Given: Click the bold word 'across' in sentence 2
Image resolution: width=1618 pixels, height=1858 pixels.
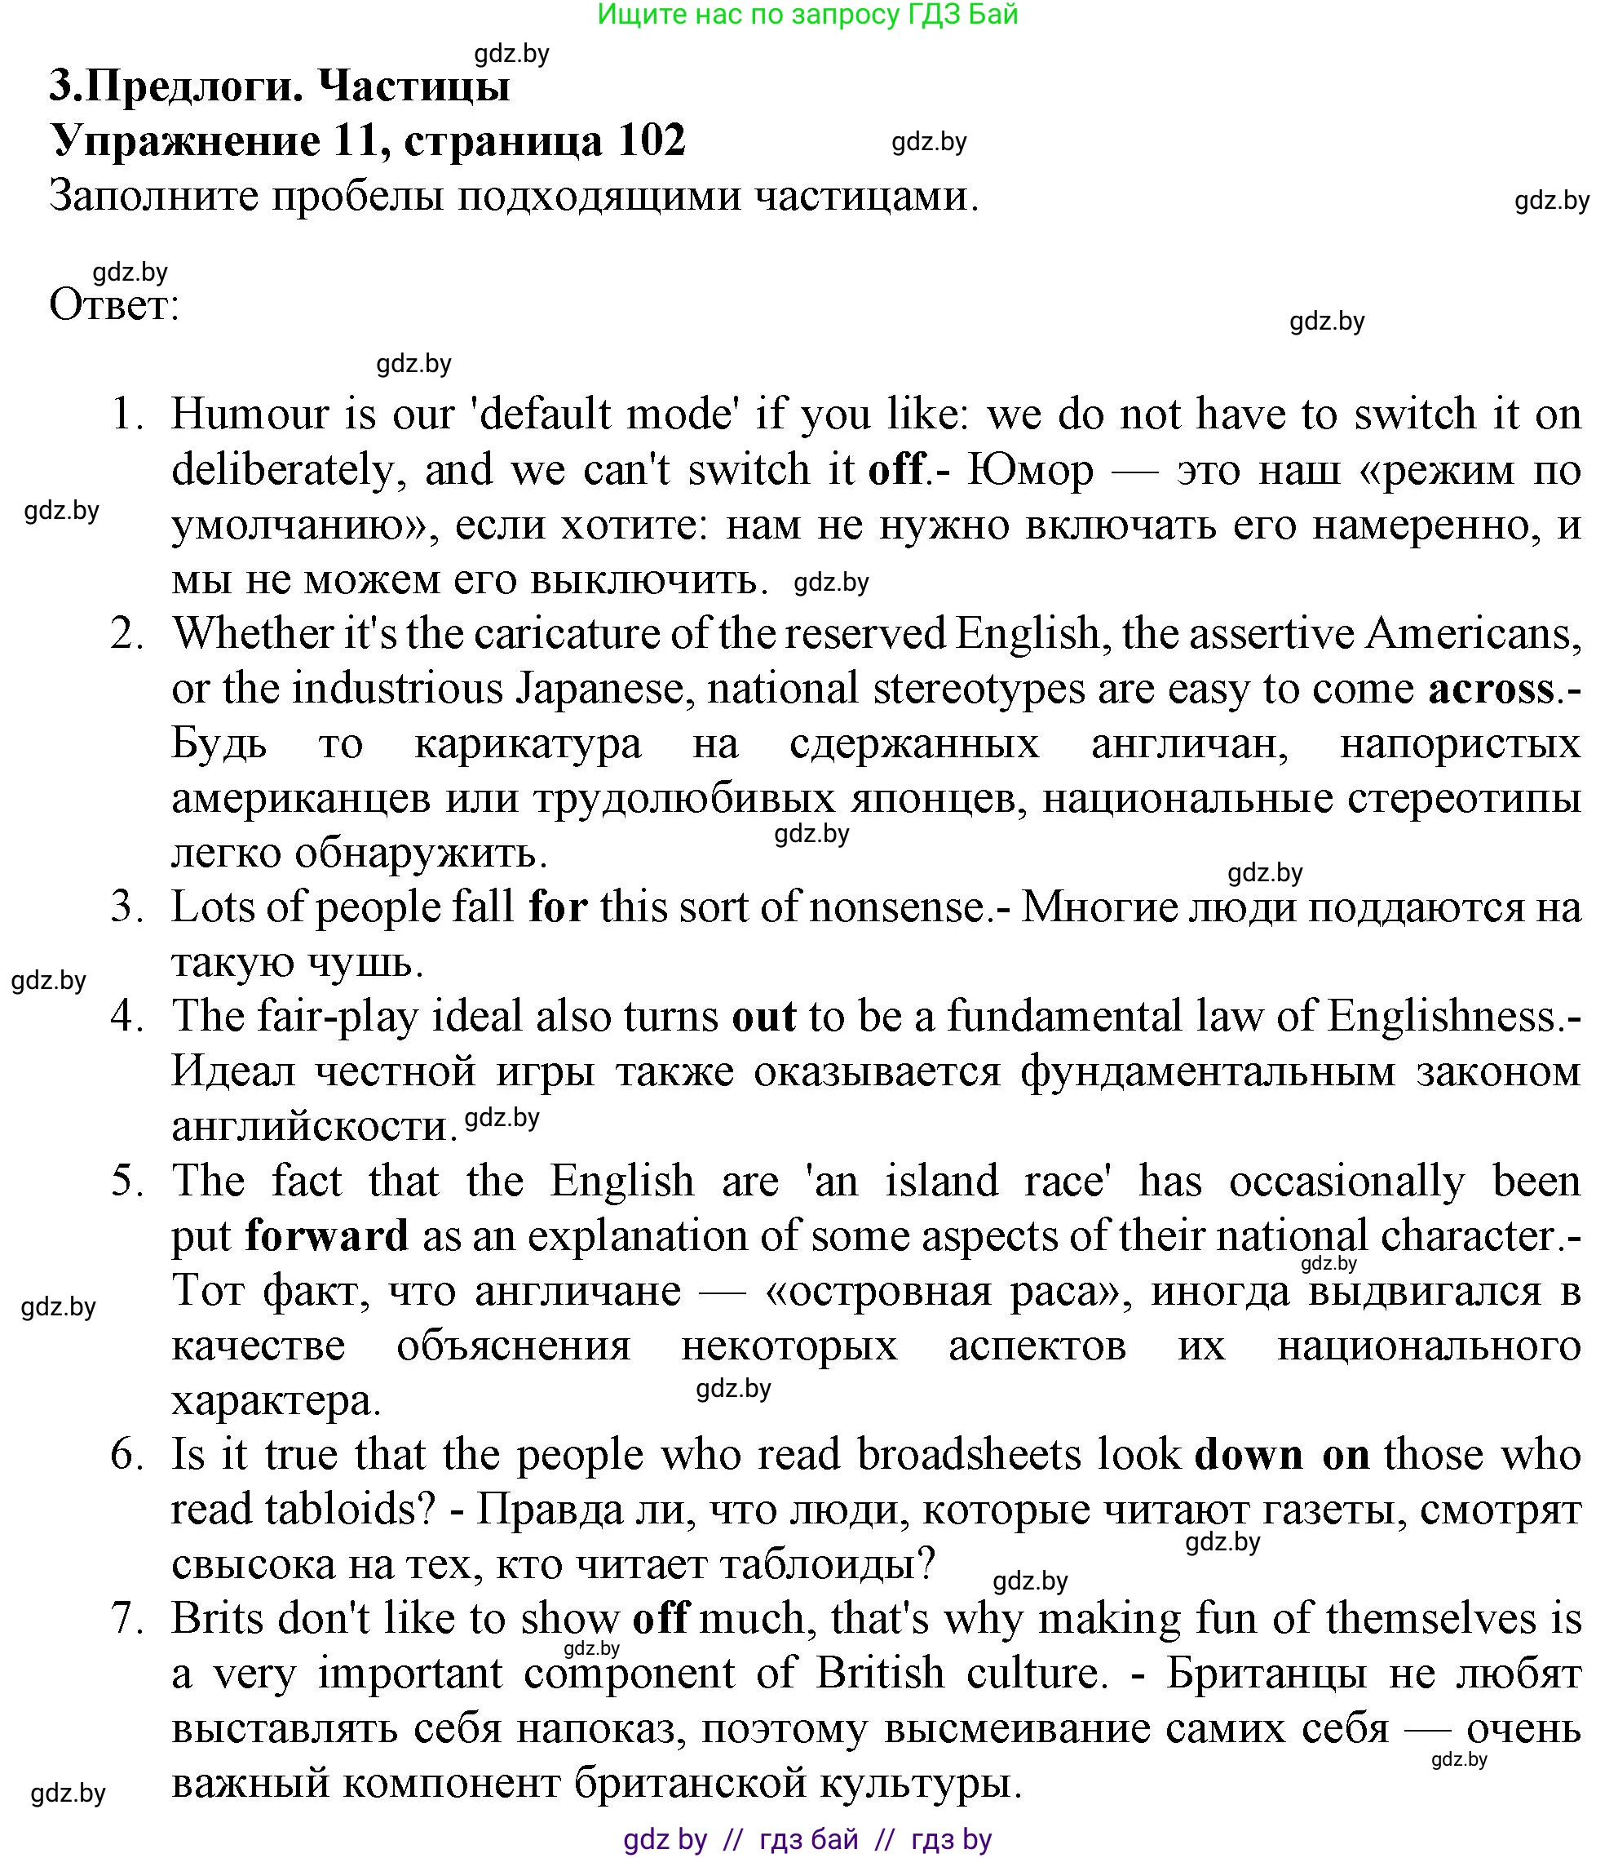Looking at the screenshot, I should click(x=1492, y=690).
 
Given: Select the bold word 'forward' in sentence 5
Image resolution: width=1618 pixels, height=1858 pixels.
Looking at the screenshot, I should click(x=327, y=1236).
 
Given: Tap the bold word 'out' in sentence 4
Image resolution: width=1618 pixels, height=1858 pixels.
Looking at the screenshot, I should click(x=764, y=1017).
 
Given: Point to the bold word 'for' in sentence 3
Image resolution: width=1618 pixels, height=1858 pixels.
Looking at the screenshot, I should click(x=558, y=907).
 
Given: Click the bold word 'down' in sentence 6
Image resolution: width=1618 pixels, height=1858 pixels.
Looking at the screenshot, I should click(x=1249, y=1455).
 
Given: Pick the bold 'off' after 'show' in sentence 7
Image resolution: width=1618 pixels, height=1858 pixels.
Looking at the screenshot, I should click(x=661, y=1619).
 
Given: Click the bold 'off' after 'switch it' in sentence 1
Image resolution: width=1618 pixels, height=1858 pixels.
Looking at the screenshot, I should click(x=896, y=471).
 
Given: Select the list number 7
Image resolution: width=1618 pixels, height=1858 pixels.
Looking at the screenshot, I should click(x=127, y=1619).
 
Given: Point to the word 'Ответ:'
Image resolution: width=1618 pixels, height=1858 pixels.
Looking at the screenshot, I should click(x=115, y=305).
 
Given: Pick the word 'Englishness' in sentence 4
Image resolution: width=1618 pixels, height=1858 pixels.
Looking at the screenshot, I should click(x=1443, y=1017).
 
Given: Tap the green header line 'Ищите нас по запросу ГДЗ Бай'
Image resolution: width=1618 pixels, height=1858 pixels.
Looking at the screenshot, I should click(x=808, y=15).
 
